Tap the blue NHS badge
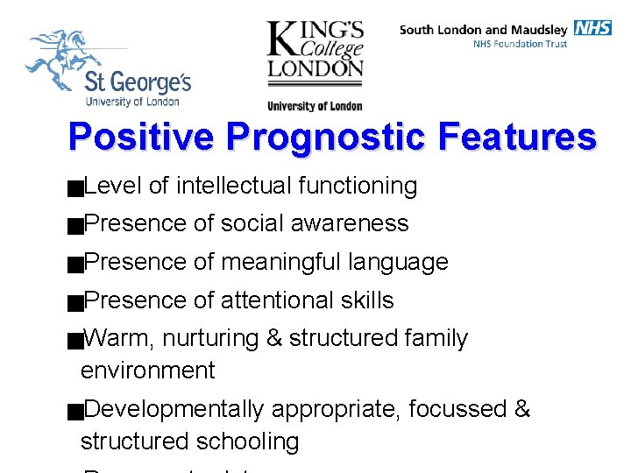coord(592,28)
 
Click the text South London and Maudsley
coord(485,29)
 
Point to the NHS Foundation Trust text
coord(520,44)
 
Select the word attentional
coord(275,300)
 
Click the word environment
coord(147,371)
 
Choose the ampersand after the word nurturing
coord(274,338)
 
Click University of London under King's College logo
coord(315,107)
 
